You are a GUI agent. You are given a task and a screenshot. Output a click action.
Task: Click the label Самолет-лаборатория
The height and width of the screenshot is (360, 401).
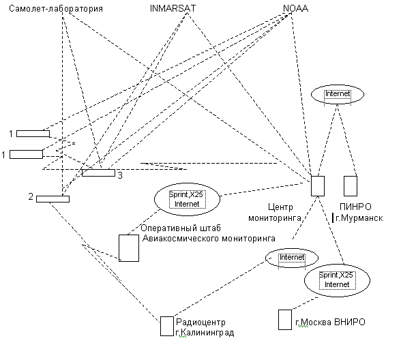coord(56,8)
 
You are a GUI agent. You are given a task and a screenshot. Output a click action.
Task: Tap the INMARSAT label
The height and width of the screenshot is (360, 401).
coord(173,8)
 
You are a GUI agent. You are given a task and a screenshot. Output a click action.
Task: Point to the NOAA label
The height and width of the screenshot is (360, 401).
coord(295,8)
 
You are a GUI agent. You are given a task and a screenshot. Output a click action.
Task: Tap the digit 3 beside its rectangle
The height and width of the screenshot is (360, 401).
coord(120,175)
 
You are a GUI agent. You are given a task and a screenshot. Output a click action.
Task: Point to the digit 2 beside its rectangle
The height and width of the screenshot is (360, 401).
coord(31,196)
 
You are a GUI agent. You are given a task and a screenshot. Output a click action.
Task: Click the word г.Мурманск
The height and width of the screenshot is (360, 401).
coord(359,218)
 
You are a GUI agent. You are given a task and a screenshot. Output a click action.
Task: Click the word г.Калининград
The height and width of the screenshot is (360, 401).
coord(205,333)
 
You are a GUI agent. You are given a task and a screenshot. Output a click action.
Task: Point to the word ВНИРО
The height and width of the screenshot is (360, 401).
coord(350,322)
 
